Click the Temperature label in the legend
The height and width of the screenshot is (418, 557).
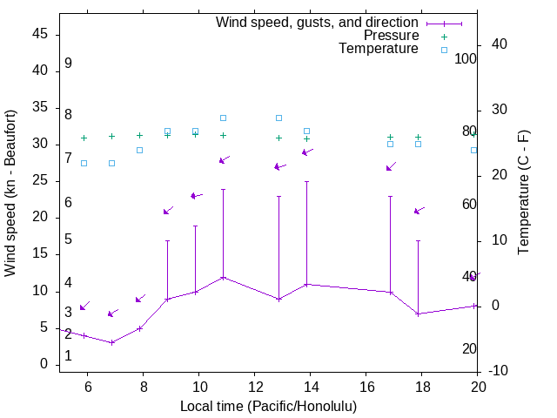379,49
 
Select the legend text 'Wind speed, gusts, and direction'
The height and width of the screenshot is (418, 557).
318,23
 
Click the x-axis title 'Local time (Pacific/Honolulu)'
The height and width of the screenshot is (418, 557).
268,407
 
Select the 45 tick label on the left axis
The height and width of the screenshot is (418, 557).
40,35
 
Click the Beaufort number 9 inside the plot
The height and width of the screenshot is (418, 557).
68,64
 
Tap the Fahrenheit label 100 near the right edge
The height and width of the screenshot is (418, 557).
466,59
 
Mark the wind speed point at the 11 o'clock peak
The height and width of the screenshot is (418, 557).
223,278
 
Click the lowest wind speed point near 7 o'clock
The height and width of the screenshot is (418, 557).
111,342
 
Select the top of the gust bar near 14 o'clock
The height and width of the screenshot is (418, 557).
306,182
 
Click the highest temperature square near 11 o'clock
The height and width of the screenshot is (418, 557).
223,118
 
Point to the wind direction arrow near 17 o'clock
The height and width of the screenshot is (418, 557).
391,166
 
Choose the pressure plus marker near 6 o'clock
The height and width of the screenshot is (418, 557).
84,138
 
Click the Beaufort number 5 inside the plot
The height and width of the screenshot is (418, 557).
68,239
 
